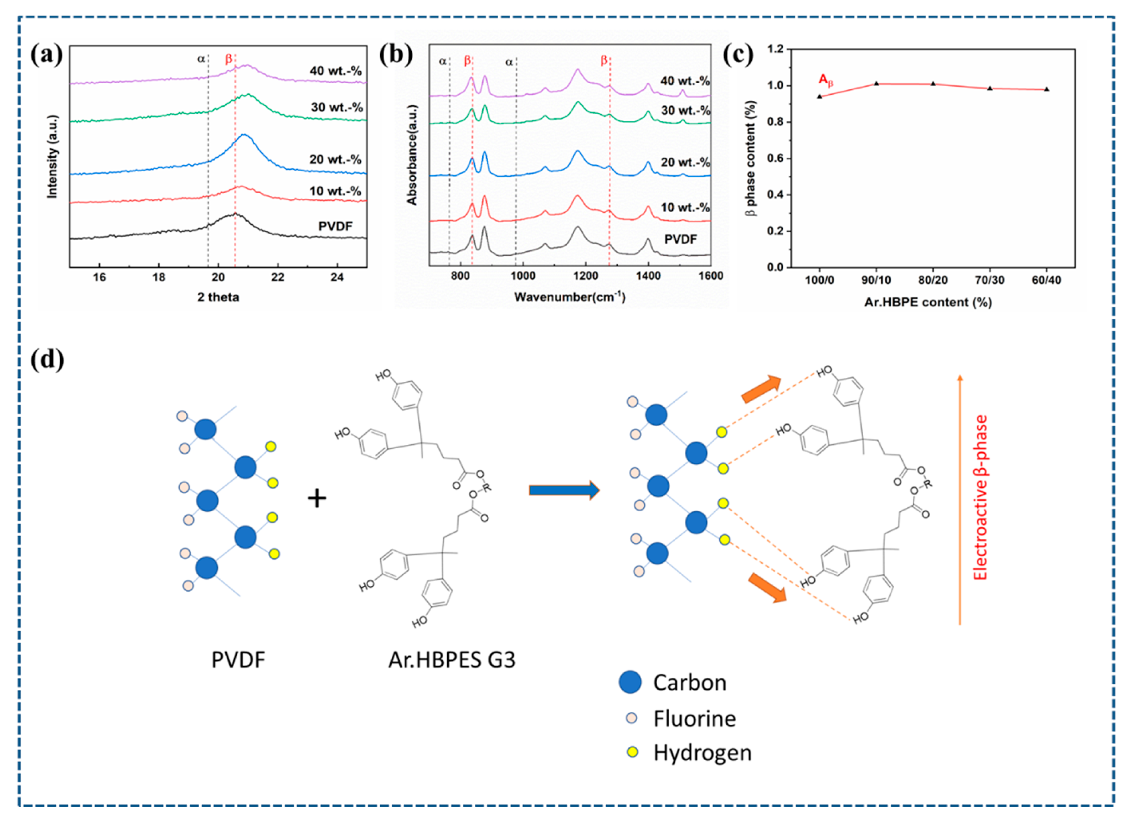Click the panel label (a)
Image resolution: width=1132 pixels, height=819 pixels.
46,54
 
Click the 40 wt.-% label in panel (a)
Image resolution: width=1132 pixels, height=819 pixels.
335,71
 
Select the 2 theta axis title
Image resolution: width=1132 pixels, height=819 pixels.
218,297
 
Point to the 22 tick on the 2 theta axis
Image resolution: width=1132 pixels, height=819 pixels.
278,277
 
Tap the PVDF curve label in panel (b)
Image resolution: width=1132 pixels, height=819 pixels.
680,239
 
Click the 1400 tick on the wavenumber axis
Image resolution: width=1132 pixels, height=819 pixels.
648,276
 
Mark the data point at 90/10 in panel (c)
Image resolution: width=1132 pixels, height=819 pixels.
876,83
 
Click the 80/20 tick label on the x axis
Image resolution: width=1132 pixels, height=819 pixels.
933,280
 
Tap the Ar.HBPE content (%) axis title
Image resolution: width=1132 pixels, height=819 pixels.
928,302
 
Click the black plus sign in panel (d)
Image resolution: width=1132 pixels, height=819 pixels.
317,498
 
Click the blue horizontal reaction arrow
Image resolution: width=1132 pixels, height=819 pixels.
564,490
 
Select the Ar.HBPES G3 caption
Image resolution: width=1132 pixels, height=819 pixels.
452,660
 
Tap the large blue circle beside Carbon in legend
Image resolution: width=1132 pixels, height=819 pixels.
630,682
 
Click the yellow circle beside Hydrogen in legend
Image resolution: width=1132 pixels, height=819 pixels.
632,752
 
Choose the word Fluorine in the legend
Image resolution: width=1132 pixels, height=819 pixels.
695,719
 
